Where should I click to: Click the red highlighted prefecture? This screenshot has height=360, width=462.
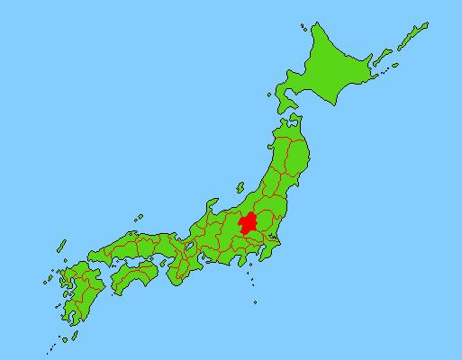click(248, 223)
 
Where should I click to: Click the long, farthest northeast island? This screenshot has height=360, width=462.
click(413, 38)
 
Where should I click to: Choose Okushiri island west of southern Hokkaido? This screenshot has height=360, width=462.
click(272, 93)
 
